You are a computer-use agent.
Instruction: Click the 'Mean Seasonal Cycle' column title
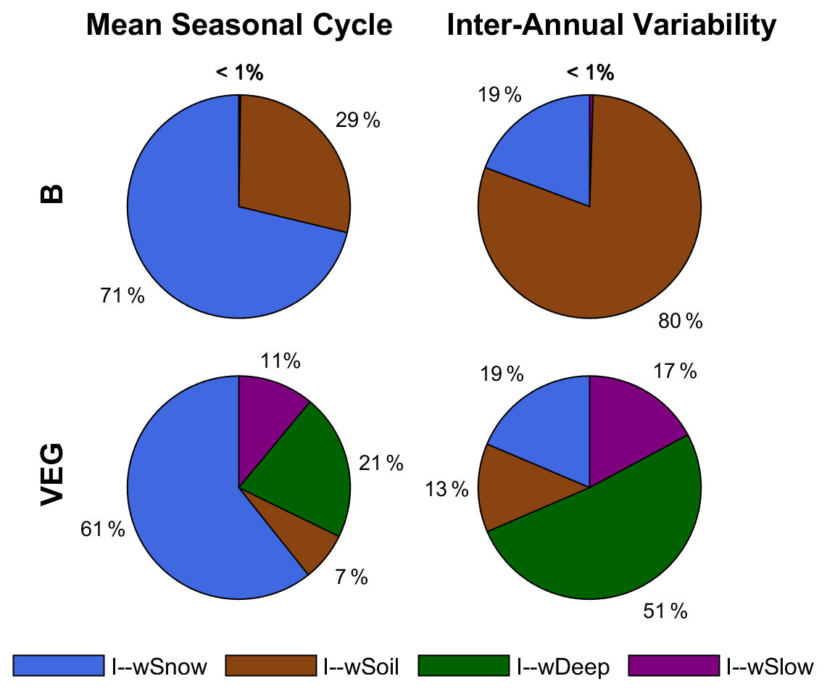coord(239,26)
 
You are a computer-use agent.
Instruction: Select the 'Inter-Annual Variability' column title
coord(612,26)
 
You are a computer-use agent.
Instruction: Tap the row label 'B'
coord(52,194)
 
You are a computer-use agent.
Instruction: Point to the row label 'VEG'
coord(52,475)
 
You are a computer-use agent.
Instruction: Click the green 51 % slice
coord(609,537)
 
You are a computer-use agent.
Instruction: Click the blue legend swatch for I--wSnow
coord(57,665)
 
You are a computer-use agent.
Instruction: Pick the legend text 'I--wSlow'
coord(770,666)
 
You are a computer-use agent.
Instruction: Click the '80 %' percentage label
coord(680,321)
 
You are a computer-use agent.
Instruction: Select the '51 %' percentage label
coord(665,611)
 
